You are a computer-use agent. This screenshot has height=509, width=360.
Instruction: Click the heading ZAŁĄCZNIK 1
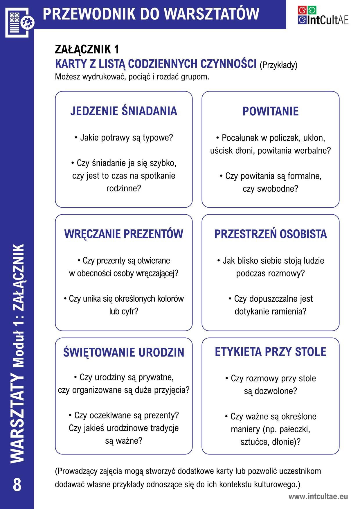[87, 49]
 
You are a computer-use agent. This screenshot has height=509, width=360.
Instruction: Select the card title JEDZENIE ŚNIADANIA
[124, 111]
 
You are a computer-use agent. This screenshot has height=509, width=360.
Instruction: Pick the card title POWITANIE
[270, 111]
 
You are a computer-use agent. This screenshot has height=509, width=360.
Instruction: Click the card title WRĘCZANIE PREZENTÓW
[124, 234]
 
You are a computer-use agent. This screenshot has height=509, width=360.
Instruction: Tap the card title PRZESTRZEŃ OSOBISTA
[270, 234]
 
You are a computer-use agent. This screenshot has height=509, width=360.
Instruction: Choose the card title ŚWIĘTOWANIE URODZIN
[124, 352]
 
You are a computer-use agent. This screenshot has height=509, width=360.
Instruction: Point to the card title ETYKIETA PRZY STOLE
[270, 352]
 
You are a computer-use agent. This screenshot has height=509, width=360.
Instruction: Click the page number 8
[17, 485]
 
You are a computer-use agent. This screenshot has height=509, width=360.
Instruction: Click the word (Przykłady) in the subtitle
[278, 65]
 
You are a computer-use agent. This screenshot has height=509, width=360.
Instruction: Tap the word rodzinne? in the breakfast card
[124, 188]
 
